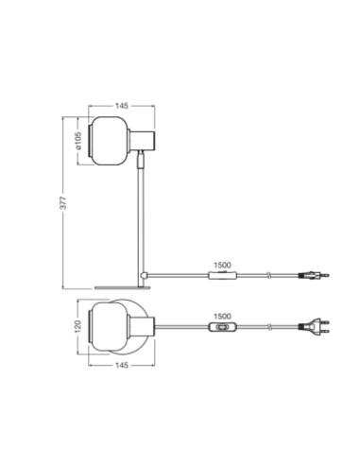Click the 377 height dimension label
(63, 202)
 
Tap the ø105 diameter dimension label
(78, 141)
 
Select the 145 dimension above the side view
(122, 106)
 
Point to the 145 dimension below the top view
(122, 365)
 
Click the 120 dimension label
(78, 326)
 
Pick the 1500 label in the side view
(222, 265)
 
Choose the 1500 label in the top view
(222, 316)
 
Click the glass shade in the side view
(109, 141)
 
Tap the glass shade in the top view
(109, 326)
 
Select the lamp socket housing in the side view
(143, 141)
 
